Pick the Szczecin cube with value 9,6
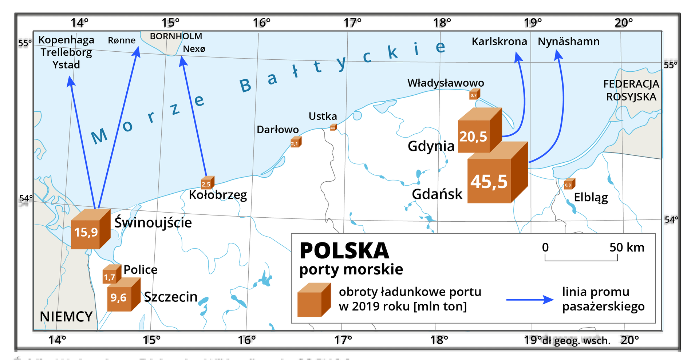(122, 296)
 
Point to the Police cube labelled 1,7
(111, 275)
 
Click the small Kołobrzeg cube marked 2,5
(207, 183)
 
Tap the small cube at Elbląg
(569, 184)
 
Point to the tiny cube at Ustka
(333, 127)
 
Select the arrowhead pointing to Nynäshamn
(558, 56)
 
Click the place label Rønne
(122, 40)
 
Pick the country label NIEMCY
(66, 317)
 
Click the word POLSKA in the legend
(344, 251)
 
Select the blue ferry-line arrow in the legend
(530, 300)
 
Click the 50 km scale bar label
(627, 248)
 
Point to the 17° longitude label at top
(352, 23)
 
